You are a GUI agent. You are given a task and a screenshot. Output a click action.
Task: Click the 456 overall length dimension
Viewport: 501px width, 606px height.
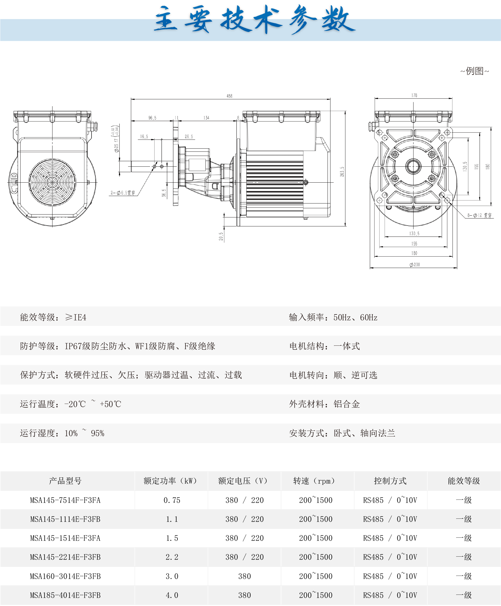click(230, 96)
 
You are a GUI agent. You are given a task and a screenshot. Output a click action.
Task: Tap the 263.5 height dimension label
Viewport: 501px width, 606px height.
click(342, 172)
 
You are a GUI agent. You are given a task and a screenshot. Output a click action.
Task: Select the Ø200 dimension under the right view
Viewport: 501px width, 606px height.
click(415, 265)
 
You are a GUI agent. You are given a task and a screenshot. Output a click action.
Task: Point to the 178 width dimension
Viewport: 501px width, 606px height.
click(414, 95)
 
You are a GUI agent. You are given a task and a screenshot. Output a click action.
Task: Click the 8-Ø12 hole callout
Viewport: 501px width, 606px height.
click(479, 215)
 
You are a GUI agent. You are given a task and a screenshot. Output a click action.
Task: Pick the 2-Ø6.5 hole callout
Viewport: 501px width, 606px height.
click(123, 193)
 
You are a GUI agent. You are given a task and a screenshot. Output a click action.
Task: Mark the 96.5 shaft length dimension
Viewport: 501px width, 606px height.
click(152, 118)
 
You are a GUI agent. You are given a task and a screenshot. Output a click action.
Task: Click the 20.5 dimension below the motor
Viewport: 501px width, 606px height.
click(221, 236)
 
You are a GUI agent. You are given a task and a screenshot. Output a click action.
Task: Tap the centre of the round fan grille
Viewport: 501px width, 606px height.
click(52, 182)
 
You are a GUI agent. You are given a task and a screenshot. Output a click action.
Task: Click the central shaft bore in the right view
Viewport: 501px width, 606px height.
click(413, 166)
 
